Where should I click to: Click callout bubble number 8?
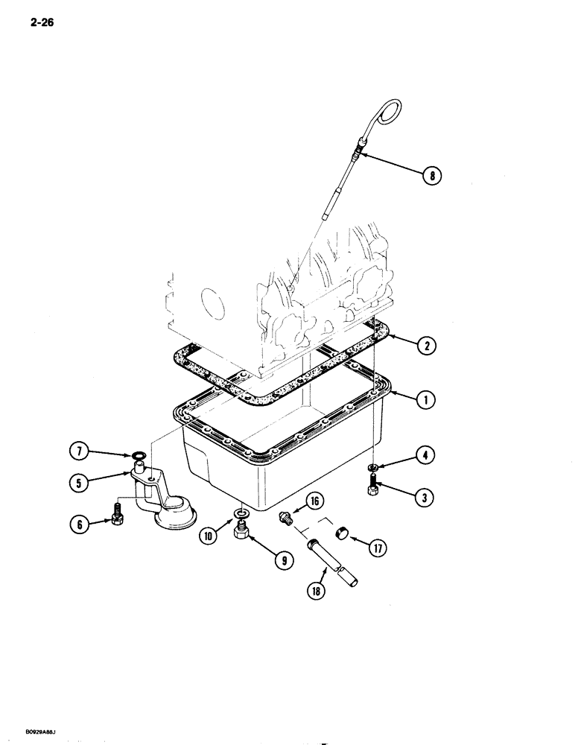(431, 176)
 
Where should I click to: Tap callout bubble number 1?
(425, 400)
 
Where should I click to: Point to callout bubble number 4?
(426, 454)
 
